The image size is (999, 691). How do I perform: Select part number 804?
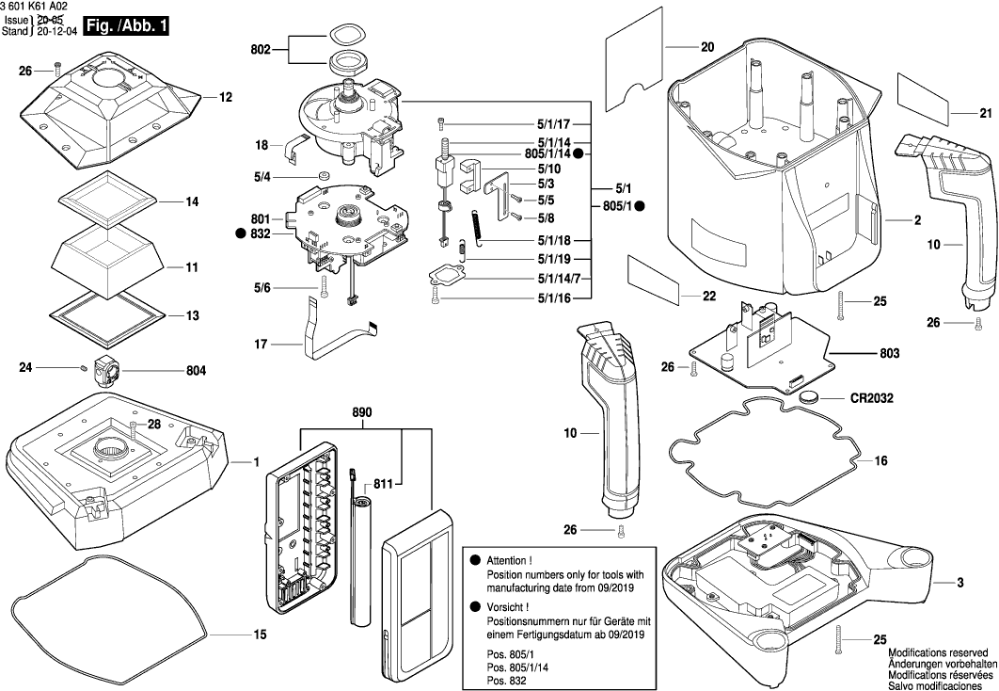click(196, 371)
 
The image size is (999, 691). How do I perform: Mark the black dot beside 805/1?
click(639, 205)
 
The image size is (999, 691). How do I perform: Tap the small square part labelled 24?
click(84, 367)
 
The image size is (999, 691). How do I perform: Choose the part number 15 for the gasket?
click(260, 634)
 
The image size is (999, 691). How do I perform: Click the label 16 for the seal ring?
click(881, 461)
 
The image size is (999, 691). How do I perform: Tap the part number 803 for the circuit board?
click(889, 353)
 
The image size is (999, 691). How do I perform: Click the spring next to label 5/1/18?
click(479, 229)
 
